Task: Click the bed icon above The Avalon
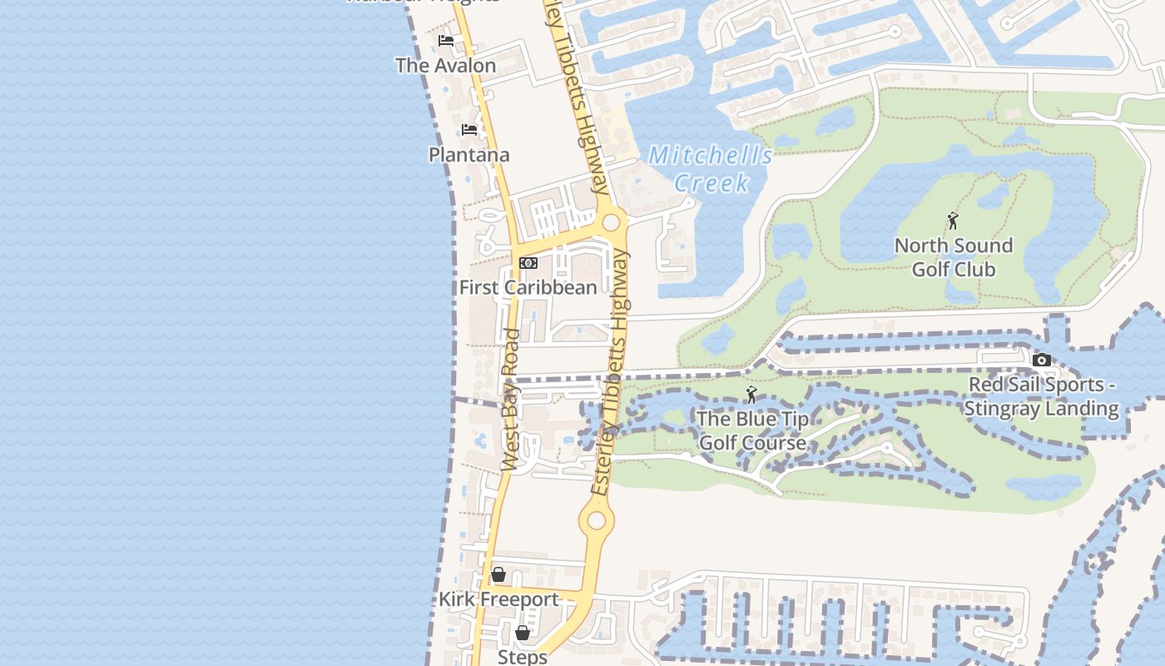[x=446, y=40]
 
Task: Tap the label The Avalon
[x=445, y=65]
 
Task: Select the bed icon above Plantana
[x=469, y=130]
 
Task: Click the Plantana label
[x=468, y=155]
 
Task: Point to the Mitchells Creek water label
[x=710, y=168]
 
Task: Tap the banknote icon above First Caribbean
[x=528, y=263]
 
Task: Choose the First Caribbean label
[x=528, y=288]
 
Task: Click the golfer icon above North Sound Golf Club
[x=953, y=221]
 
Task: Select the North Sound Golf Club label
[x=953, y=257]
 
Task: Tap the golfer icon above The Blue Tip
[x=751, y=395]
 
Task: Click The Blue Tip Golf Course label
[x=752, y=430]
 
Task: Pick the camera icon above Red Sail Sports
[x=1041, y=360]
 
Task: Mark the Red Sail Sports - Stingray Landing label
[x=1041, y=396]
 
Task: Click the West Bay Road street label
[x=511, y=400]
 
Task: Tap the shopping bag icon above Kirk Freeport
[x=498, y=574]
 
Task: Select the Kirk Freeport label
[x=498, y=599]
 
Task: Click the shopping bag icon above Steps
[x=522, y=633]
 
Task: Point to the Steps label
[x=522, y=657]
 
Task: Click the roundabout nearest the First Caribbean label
[x=612, y=222]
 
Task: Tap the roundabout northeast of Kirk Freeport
[x=597, y=522]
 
